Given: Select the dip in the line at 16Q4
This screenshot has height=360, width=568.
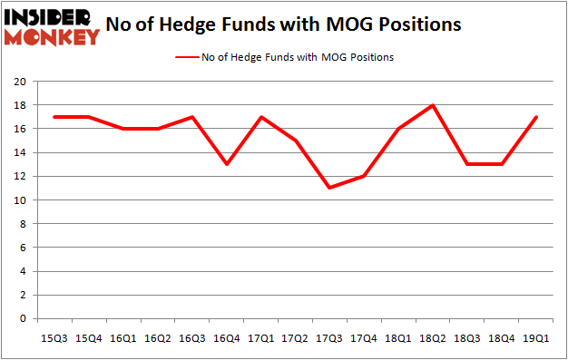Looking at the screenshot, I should pos(226,164).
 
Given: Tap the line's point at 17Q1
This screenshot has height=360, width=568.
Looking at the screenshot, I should pos(261,117).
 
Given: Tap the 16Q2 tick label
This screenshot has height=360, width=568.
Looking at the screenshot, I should pos(156,337).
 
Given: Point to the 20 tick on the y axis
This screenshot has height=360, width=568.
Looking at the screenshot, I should pos(20,82).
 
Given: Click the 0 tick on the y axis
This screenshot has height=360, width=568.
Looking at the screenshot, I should pos(24,318).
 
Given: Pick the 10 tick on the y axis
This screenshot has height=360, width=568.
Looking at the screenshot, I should pos(20,200).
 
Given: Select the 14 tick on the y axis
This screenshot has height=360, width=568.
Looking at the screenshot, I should pos(20,152).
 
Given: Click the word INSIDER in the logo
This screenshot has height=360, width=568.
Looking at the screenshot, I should pos(50,16).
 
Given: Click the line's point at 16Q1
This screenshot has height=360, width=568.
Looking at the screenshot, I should pos(122,129).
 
